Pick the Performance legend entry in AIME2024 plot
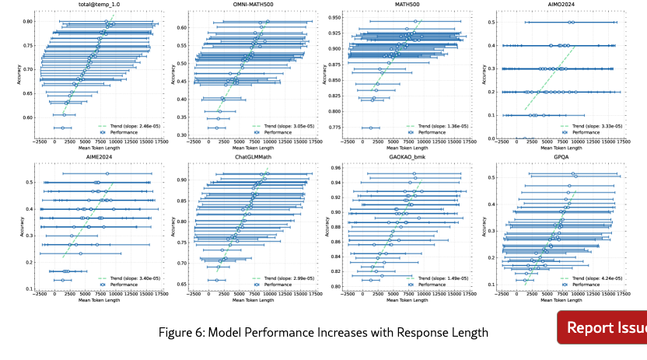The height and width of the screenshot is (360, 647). [127, 283]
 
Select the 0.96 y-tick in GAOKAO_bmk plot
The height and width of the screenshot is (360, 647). [335, 167]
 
